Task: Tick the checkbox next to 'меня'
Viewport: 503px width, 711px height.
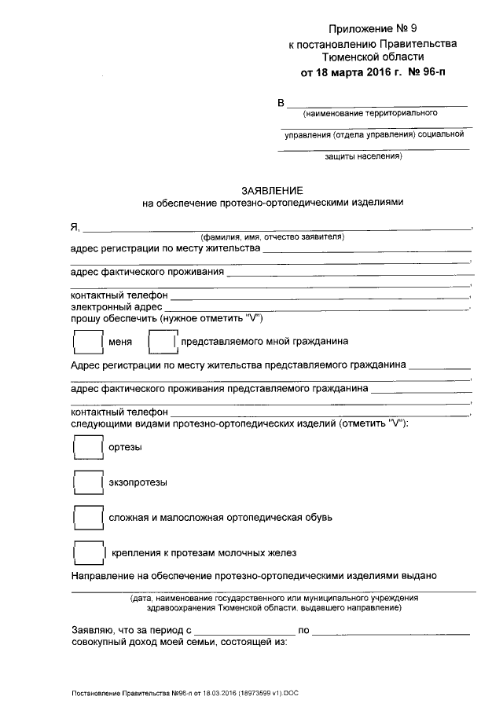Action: (x=86, y=342)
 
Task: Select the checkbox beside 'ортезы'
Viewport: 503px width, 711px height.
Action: (x=86, y=447)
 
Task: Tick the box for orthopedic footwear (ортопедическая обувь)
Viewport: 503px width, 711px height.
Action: (x=86, y=517)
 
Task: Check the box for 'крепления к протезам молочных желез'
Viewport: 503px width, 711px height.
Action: (x=86, y=552)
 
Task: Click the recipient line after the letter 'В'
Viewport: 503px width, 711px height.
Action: (x=378, y=104)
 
